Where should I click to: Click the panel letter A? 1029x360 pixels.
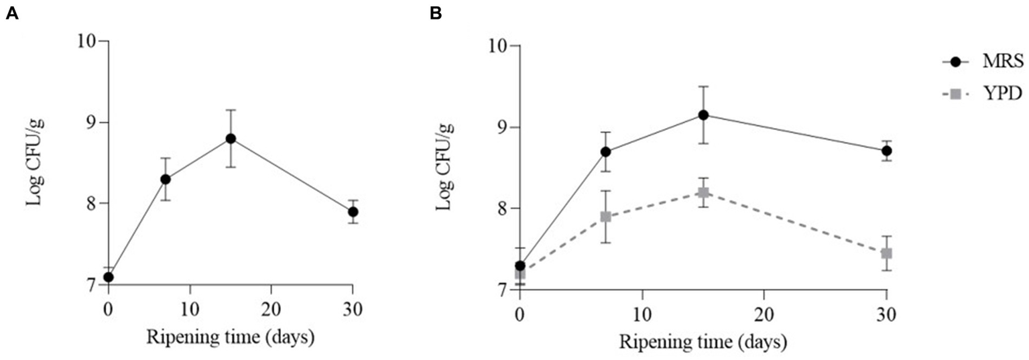11,14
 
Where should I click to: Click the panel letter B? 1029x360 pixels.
436,14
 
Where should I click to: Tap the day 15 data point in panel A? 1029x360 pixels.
231,139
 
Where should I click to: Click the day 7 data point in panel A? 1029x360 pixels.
166,179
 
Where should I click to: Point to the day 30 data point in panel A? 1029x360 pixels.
353,212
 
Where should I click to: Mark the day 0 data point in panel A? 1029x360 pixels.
109,277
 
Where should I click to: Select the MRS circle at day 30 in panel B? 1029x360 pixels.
887,151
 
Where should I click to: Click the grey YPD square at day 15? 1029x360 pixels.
704,193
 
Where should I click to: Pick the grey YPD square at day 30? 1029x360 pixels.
887,253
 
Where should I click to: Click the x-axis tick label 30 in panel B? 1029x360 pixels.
886,312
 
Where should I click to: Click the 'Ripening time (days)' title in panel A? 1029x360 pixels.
231,337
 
